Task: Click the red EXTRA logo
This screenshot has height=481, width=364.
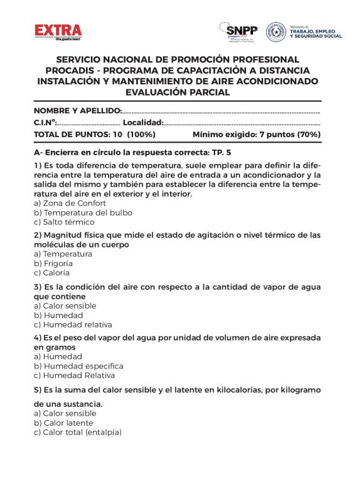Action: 58,31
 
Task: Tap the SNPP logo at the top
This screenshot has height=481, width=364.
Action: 240,30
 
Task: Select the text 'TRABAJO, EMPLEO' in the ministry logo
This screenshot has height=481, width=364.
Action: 316,31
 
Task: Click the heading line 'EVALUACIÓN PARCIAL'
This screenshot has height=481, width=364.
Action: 178,92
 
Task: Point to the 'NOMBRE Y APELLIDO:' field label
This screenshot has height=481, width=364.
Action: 78,111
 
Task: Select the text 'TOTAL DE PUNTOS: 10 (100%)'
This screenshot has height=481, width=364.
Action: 95,135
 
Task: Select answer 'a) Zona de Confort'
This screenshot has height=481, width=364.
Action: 70,203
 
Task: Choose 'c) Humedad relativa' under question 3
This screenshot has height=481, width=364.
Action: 73,324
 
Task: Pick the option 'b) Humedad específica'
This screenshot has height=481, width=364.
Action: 78,366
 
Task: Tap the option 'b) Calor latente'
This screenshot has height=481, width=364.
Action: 65,423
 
